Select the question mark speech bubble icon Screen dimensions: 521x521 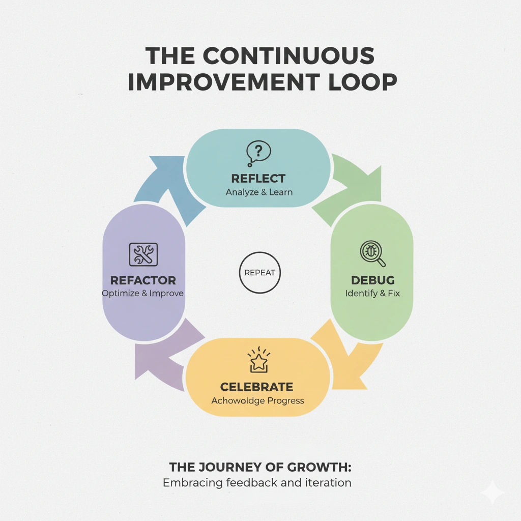tap(258, 153)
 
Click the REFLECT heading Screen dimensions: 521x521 tap(258, 179)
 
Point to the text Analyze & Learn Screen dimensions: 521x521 tap(259, 192)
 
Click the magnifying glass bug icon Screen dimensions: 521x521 tap(372, 253)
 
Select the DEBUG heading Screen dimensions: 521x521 tap(372, 280)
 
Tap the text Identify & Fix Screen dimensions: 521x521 tap(372, 294)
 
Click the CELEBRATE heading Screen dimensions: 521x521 tap(257, 387)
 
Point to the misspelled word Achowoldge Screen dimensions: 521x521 tap(236, 400)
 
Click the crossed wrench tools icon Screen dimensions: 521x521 tap(143, 253)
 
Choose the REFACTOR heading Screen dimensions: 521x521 tap(143, 280)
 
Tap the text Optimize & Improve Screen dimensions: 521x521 tap(142, 294)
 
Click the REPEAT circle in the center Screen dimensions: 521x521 tap(259, 273)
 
